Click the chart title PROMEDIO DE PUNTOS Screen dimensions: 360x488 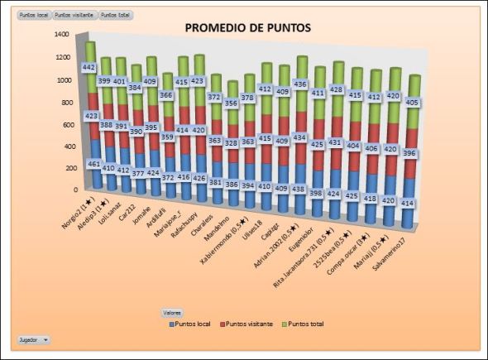pyautogui.click(x=247, y=27)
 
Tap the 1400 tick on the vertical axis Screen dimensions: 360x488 pyautogui.click(x=62, y=35)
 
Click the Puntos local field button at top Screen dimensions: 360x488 pyautogui.click(x=33, y=15)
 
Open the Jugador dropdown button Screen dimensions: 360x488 pyautogui.click(x=33, y=339)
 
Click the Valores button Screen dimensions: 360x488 pyautogui.click(x=173, y=312)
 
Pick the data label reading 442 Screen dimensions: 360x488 pyautogui.click(x=90, y=67)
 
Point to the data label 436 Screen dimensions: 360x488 pyautogui.click(x=300, y=84)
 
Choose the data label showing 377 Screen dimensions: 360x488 pyautogui.click(x=138, y=174)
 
